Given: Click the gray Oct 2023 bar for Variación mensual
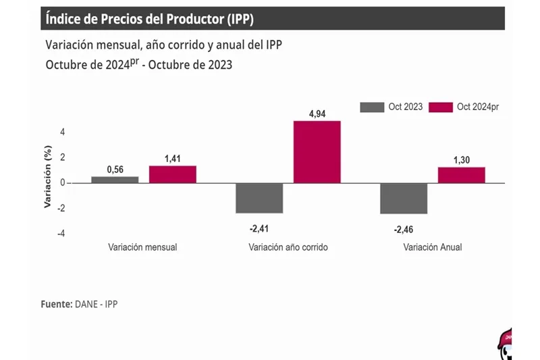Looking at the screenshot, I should pos(115,180).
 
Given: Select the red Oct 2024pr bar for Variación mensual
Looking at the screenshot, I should pos(173,174).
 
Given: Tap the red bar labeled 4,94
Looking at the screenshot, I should pos(317,152).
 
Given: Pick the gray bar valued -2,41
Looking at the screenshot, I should pos(259,198).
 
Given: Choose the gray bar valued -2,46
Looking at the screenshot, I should pos(404,198).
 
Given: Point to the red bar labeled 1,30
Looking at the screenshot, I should pos(461,175).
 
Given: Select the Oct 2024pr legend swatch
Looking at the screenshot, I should pos(441,107).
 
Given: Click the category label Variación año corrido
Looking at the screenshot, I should pos(288,247).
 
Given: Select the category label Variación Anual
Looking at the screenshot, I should pos(433,247).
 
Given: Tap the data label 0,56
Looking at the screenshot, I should pos(115,168).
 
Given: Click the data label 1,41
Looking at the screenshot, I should pos(173,157).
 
